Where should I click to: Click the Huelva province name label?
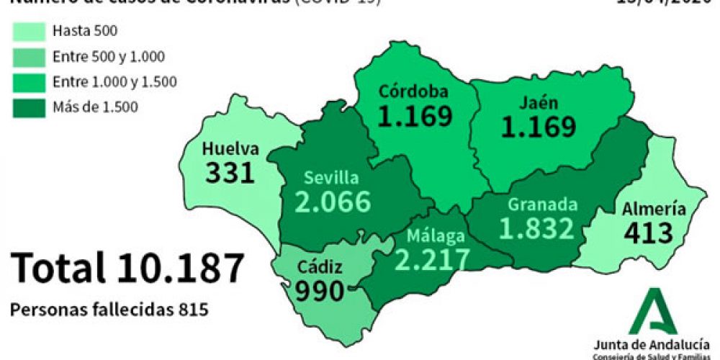(x=230, y=149)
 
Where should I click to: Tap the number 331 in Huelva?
(x=230, y=173)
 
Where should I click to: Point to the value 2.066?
(x=333, y=202)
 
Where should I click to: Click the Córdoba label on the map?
(x=414, y=91)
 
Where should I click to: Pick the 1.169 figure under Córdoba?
(x=415, y=116)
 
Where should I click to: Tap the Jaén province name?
(x=538, y=103)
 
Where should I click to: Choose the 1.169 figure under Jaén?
(x=539, y=127)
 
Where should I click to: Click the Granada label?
(x=542, y=204)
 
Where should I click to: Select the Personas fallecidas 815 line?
(x=109, y=310)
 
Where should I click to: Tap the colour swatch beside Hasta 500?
(x=30, y=31)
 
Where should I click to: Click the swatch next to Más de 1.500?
(x=30, y=107)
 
